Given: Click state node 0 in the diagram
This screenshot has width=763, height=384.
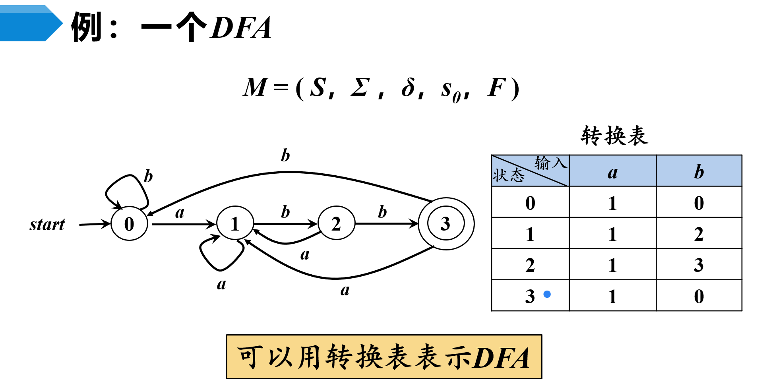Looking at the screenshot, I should click(129, 224).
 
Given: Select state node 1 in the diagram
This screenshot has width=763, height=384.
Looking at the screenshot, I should click(235, 223).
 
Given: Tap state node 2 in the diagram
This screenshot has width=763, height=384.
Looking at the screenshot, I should click(336, 223).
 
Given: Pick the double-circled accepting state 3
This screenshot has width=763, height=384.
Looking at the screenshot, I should click(446, 224).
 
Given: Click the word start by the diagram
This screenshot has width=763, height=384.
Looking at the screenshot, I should click(47, 225).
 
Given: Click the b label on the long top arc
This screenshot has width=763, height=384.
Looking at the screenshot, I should click(285, 155).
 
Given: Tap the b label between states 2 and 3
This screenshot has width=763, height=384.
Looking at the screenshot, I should click(382, 212).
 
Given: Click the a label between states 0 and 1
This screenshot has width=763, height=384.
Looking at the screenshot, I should click(180, 213).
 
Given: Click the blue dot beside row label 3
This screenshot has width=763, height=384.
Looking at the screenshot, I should click(547, 294).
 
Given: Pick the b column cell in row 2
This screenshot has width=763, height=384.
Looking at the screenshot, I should click(699, 265).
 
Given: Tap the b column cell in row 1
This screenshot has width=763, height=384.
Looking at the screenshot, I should click(699, 234).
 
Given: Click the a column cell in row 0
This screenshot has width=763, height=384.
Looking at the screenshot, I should click(612, 203).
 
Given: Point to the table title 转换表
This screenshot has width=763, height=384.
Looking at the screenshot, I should click(614, 136).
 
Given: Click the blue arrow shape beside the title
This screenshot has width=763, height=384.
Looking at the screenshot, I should click(30, 23).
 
